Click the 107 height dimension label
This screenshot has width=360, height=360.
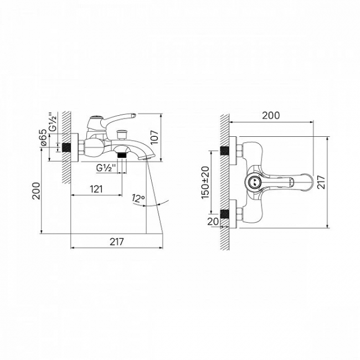click(x=155, y=137)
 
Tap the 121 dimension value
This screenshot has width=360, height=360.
click(x=96, y=189)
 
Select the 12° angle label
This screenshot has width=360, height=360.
click(x=138, y=198)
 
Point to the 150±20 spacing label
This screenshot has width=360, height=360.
click(x=205, y=183)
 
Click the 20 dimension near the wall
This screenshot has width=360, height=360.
click(x=213, y=222)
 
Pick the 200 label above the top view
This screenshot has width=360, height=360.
click(x=271, y=116)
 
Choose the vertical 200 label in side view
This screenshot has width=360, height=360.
click(x=36, y=191)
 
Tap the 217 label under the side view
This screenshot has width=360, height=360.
click(x=116, y=241)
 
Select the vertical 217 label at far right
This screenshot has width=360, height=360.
click(x=321, y=182)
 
